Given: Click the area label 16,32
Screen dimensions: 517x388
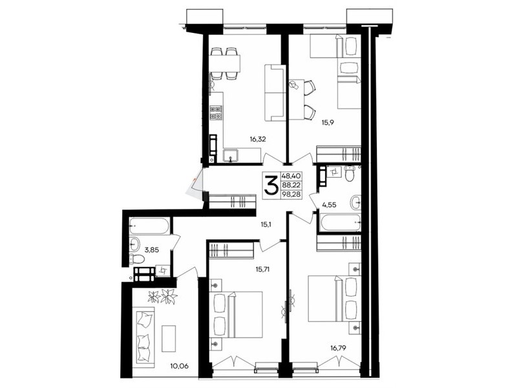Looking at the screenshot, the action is [x=258, y=139].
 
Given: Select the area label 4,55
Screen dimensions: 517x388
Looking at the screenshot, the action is [x=329, y=205].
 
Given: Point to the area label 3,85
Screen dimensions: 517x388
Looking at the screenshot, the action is [x=153, y=250].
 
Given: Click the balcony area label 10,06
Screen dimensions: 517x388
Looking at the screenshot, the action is [x=180, y=365].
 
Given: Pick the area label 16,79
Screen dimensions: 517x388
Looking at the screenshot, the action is [x=337, y=347].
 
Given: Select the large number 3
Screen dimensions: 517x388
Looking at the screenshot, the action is [x=271, y=186].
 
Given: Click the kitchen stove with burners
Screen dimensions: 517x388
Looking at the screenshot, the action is [x=216, y=113].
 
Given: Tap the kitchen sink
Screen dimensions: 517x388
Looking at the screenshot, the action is [x=231, y=156].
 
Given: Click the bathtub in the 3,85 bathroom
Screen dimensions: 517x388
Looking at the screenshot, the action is [x=149, y=226].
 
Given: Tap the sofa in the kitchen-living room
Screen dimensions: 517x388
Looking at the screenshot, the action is [x=274, y=92].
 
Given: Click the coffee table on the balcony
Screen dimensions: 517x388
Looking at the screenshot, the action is [x=169, y=338].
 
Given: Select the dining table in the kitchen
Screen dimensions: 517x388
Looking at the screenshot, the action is [x=224, y=63].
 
